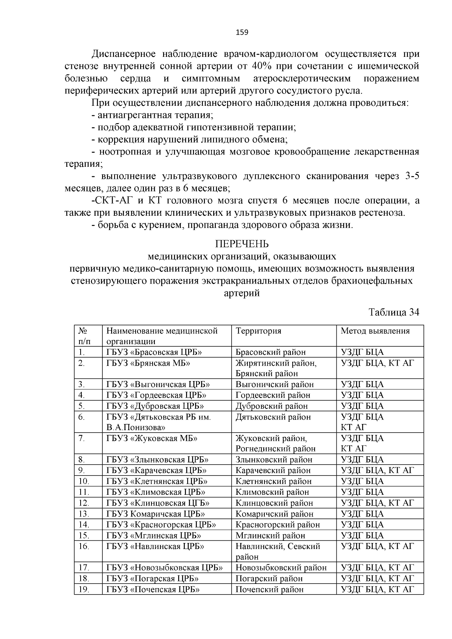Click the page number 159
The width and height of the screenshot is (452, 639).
[x=242, y=32]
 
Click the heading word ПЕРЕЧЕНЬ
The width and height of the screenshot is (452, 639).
[x=242, y=244]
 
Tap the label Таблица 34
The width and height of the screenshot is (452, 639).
[x=394, y=312]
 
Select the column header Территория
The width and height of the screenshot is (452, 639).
[x=258, y=331]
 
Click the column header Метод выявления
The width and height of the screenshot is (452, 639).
[x=375, y=331]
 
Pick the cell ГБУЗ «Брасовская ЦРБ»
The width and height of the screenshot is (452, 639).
[x=154, y=352]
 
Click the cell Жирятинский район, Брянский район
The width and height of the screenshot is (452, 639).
[x=276, y=368]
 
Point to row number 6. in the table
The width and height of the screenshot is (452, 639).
[x=82, y=417]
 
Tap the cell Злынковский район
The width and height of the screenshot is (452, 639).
[x=274, y=459]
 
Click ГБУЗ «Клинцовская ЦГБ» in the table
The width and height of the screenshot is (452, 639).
[x=158, y=503]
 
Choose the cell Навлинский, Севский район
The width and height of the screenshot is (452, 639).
[x=278, y=551]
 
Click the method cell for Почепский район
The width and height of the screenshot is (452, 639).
[x=377, y=589]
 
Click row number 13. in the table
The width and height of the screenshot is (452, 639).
[x=84, y=514]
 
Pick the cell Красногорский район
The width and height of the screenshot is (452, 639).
[x=278, y=525]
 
